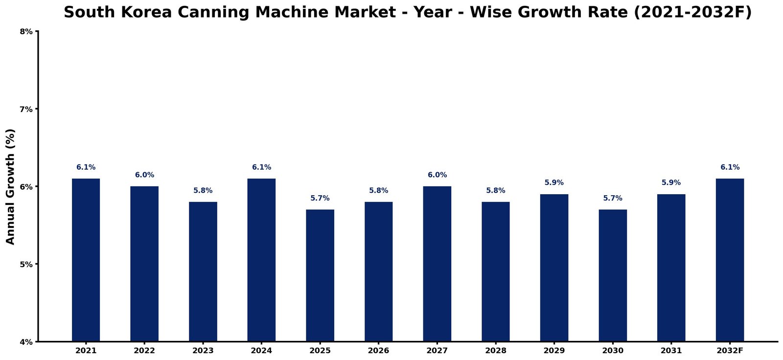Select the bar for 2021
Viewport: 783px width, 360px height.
click(86, 260)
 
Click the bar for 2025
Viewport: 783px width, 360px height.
click(320, 275)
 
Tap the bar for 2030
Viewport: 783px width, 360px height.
click(613, 275)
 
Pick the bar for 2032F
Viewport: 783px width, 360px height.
click(730, 260)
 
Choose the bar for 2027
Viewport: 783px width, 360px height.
click(438, 264)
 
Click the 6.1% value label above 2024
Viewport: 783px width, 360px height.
click(261, 167)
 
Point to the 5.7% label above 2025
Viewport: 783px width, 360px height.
click(320, 198)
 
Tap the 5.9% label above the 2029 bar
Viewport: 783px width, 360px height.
click(554, 182)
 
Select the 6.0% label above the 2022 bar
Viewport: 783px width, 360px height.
click(144, 175)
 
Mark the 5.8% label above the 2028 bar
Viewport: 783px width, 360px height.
click(496, 190)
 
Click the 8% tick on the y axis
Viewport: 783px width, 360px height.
click(26, 32)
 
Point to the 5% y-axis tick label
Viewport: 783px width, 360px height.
click(26, 264)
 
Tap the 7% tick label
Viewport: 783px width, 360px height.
click(26, 110)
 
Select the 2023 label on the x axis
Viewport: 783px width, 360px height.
click(203, 351)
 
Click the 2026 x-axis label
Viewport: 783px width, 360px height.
click(379, 351)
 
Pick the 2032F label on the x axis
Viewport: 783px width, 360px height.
click(730, 351)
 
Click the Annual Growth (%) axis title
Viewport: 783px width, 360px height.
click(10, 187)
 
